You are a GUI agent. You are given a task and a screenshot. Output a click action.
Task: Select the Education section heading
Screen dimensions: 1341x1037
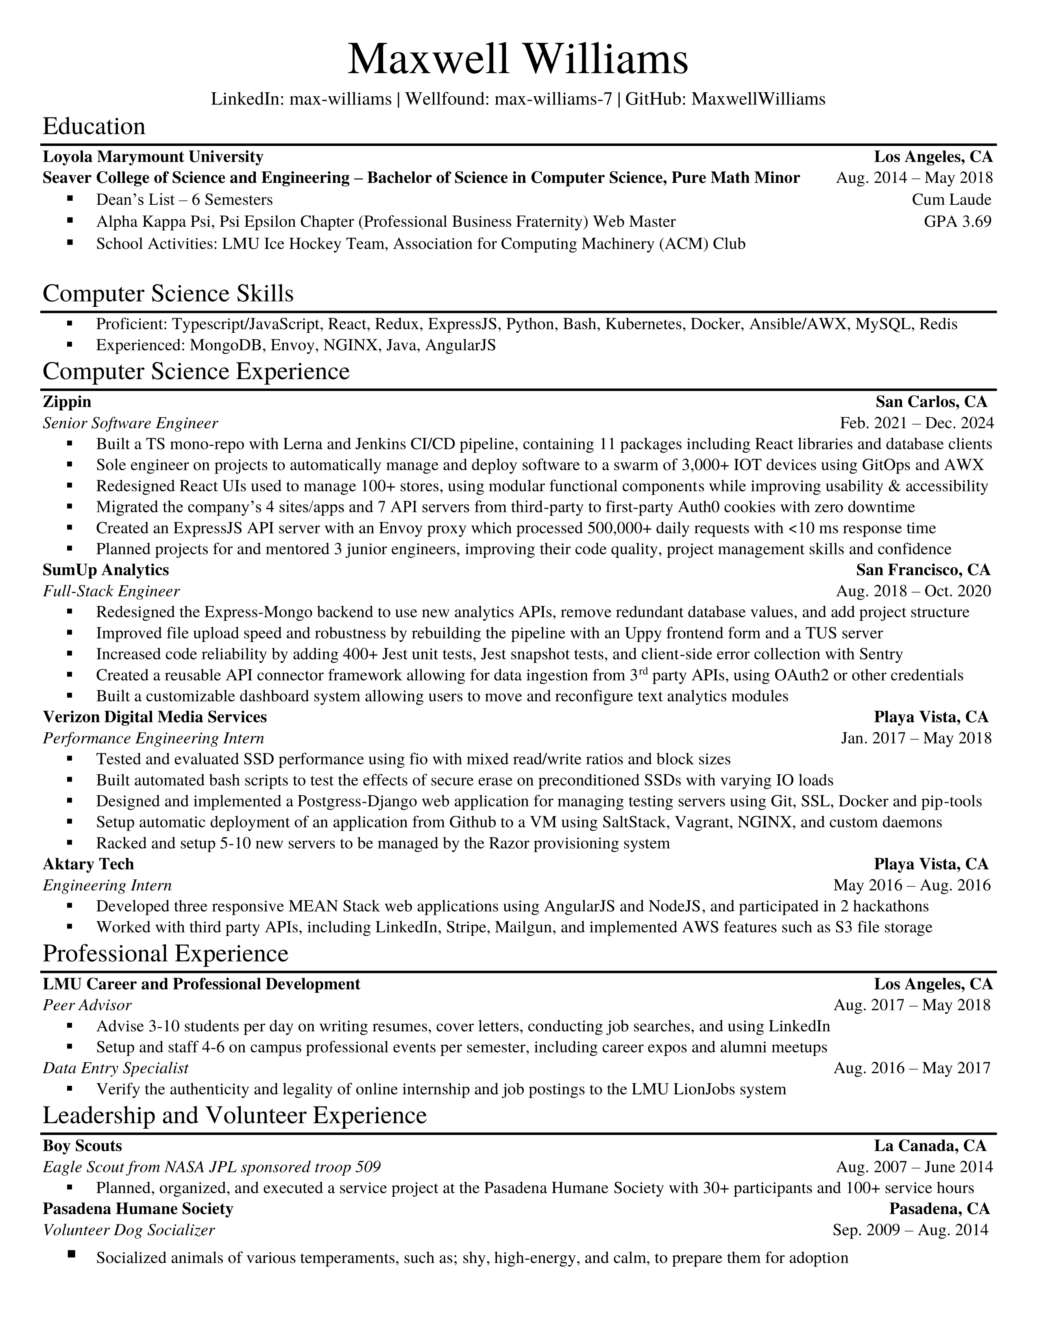coord(94,126)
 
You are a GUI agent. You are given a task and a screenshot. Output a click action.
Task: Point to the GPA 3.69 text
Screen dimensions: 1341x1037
coord(957,221)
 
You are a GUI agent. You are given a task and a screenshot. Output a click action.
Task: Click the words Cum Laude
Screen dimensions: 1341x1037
coord(951,200)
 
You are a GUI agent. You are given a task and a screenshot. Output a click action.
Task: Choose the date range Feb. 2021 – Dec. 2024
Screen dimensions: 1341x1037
coord(916,423)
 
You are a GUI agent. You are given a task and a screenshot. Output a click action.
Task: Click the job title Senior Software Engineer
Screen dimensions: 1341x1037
coord(130,423)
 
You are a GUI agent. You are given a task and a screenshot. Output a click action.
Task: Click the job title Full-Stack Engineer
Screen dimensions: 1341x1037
coord(111,591)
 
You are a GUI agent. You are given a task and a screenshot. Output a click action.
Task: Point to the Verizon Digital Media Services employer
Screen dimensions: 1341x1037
coord(155,717)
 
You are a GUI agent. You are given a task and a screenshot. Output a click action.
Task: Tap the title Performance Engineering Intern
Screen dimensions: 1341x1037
coord(154,738)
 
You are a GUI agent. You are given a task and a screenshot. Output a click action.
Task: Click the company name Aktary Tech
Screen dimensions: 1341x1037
coord(88,864)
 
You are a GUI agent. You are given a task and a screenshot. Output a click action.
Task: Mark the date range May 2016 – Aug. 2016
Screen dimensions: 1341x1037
coord(912,885)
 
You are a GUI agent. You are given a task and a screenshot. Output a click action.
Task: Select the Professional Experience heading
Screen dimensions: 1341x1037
coord(165,954)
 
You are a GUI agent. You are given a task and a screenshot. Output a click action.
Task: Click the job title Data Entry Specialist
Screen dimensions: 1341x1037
coord(115,1068)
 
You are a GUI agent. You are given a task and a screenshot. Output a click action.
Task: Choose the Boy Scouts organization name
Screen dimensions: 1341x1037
coord(82,1146)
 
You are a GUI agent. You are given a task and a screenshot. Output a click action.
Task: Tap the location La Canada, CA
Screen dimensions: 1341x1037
coord(930,1146)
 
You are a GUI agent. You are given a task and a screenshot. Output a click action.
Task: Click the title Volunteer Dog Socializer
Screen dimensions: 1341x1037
coord(129,1230)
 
